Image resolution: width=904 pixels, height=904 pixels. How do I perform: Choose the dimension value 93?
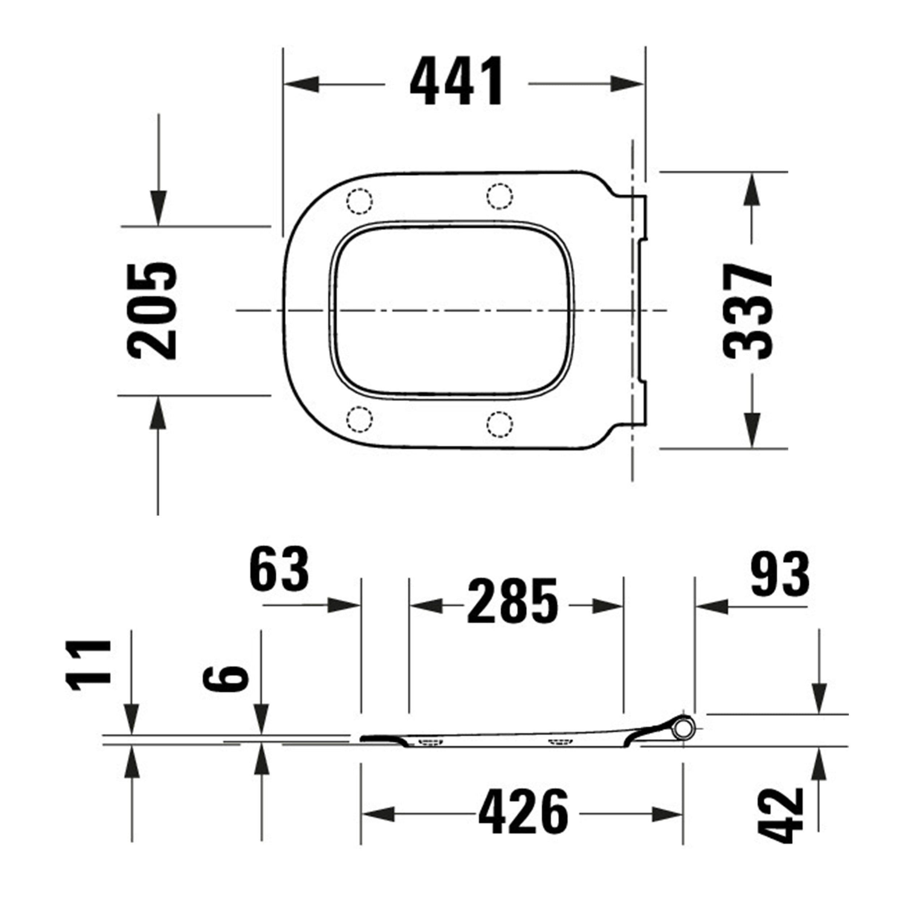click(x=780, y=574)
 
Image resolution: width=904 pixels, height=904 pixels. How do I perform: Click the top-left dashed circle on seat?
click(x=359, y=201)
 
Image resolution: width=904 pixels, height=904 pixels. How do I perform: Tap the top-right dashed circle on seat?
click(x=500, y=196)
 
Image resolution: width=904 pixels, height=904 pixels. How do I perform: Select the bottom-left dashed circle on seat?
click(x=359, y=419)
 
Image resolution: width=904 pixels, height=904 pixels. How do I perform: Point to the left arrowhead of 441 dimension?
click(x=302, y=85)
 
